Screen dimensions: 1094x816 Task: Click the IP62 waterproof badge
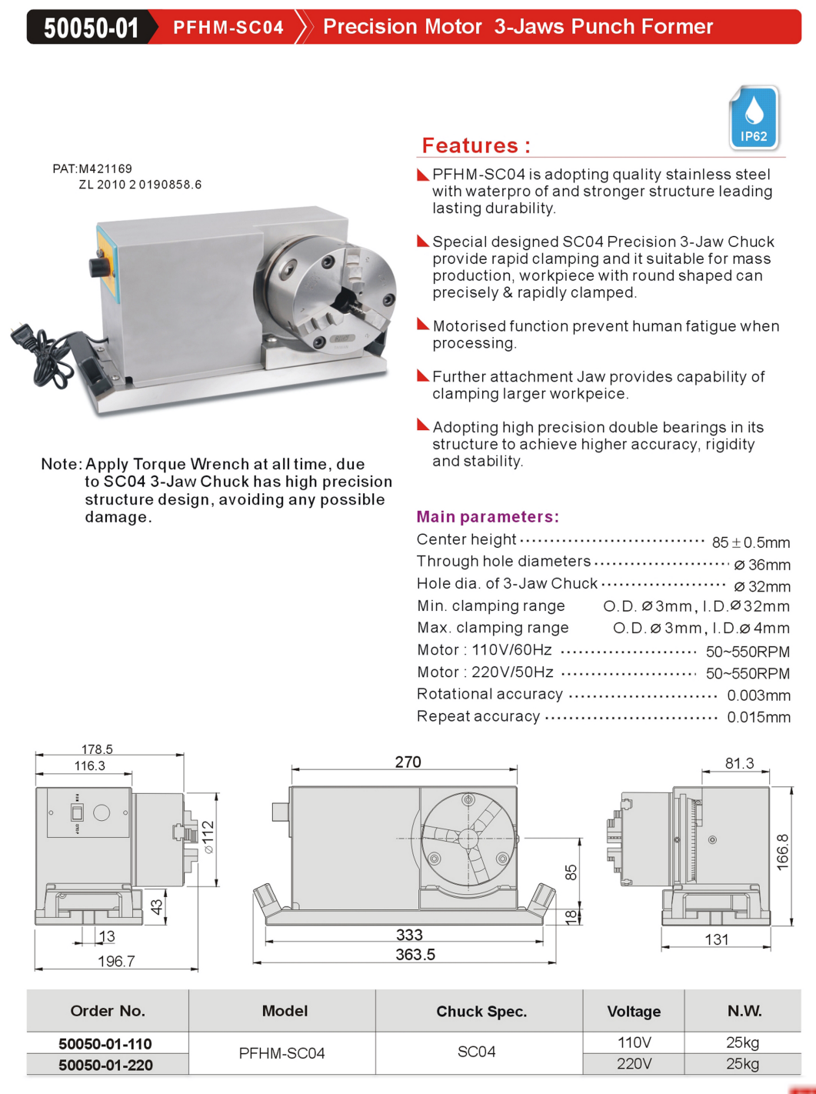(x=754, y=118)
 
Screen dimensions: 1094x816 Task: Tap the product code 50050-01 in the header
(x=91, y=28)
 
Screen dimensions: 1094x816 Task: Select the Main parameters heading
(x=488, y=517)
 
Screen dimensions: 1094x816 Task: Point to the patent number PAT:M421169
(x=92, y=168)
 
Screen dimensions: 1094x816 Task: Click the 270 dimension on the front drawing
(x=408, y=762)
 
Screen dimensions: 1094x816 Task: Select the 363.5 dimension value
(x=415, y=955)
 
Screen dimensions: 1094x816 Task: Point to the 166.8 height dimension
(x=783, y=852)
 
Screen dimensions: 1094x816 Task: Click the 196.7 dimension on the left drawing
(x=116, y=962)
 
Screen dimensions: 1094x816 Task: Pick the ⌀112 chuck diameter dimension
(x=208, y=837)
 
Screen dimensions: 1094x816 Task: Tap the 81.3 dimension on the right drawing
(x=739, y=763)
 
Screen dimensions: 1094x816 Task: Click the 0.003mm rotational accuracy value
(x=758, y=695)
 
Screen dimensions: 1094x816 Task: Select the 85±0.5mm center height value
(x=751, y=542)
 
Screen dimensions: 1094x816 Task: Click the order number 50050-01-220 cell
(x=106, y=1065)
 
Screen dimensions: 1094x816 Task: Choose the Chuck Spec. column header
(x=481, y=1012)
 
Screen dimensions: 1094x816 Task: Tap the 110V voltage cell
(x=634, y=1042)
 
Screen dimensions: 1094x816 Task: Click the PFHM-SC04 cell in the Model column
(x=281, y=1053)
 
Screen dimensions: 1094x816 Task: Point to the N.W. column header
(x=744, y=1011)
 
